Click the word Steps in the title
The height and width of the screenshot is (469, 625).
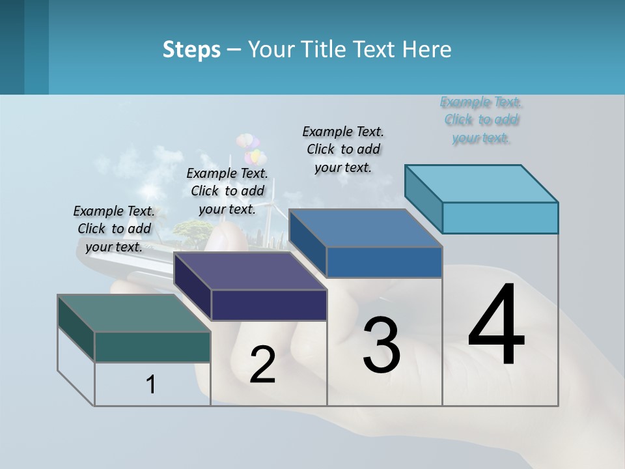pyautogui.click(x=191, y=50)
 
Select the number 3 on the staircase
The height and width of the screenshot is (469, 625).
pyautogui.click(x=382, y=345)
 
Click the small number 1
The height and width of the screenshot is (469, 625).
pyautogui.click(x=151, y=385)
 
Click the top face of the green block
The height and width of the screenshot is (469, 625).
pyautogui.click(x=133, y=313)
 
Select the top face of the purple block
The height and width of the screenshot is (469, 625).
pyautogui.click(x=250, y=271)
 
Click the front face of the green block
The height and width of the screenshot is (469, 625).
pyautogui.click(x=152, y=347)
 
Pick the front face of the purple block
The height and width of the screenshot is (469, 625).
pyautogui.click(x=269, y=305)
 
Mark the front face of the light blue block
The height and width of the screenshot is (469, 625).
pyautogui.click(x=500, y=218)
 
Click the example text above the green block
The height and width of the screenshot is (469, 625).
pyautogui.click(x=114, y=229)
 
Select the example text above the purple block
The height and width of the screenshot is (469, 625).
pyautogui.click(x=227, y=191)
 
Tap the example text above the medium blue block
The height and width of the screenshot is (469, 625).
pyautogui.click(x=343, y=149)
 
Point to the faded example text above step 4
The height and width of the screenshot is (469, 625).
pyautogui.click(x=481, y=120)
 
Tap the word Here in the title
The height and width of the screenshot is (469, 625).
pyautogui.click(x=429, y=50)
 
